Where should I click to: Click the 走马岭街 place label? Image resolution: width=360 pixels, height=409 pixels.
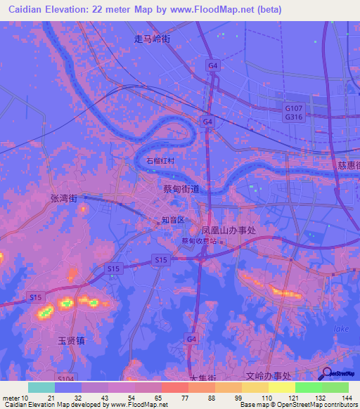click(153, 39)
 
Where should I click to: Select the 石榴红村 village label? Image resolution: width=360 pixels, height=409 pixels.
click(160, 161)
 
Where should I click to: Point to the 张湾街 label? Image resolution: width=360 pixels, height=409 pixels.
click(64, 199)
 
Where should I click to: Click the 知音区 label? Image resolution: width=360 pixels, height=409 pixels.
click(172, 220)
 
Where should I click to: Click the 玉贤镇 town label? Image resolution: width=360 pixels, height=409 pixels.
click(71, 340)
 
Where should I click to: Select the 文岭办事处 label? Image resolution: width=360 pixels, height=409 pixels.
click(267, 377)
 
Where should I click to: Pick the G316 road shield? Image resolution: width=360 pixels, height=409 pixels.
click(293, 117)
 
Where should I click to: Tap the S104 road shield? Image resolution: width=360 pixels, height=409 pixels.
click(65, 377)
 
